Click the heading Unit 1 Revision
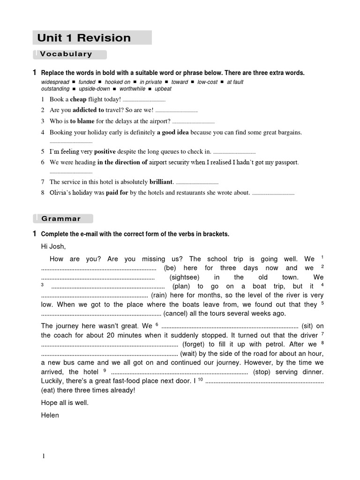coord(84,38)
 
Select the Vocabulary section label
coord(66,54)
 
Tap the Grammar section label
coord(61,218)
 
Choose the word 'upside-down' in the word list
coord(94,89)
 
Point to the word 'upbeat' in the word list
coord(163,89)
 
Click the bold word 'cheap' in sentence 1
coord(78,99)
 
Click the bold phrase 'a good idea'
coord(172,133)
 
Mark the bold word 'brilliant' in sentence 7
coord(161,181)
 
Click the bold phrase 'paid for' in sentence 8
coord(117,192)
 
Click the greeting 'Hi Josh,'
coord(54,247)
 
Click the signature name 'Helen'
coord(50,415)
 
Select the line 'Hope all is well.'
coord(65,403)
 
